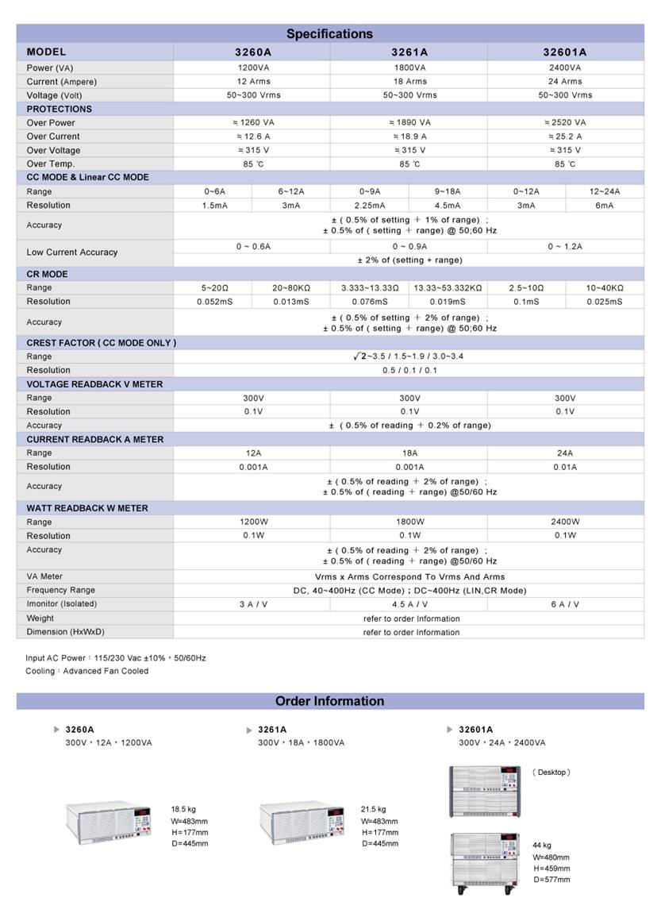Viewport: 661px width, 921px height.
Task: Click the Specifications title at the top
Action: pos(329,34)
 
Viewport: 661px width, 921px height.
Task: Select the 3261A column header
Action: pos(409,52)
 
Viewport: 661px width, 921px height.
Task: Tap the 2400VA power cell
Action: pos(565,67)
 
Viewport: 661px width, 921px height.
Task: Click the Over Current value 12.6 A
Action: pos(253,137)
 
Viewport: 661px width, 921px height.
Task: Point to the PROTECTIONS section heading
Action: pos(60,109)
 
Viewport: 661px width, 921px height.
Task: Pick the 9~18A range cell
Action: pos(448,191)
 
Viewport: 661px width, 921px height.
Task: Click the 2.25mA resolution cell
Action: pos(370,206)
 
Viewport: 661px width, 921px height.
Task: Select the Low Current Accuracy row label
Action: pos(72,252)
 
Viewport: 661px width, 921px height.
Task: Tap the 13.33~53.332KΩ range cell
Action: pos(448,288)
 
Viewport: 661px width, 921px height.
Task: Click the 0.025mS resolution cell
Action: pos(605,302)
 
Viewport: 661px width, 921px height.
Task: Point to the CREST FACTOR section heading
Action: pos(102,343)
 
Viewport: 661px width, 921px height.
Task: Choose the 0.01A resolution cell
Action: pos(565,467)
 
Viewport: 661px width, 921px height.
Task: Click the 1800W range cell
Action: pos(409,522)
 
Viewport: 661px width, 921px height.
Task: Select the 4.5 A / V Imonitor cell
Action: pos(409,604)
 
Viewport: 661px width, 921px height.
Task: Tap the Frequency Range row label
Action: pos(61,590)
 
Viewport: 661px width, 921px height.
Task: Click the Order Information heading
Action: pos(329,701)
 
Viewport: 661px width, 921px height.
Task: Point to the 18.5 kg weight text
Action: pos(183,810)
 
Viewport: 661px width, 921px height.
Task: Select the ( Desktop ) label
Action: pos(551,773)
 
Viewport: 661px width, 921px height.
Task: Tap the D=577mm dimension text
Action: pos(551,880)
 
